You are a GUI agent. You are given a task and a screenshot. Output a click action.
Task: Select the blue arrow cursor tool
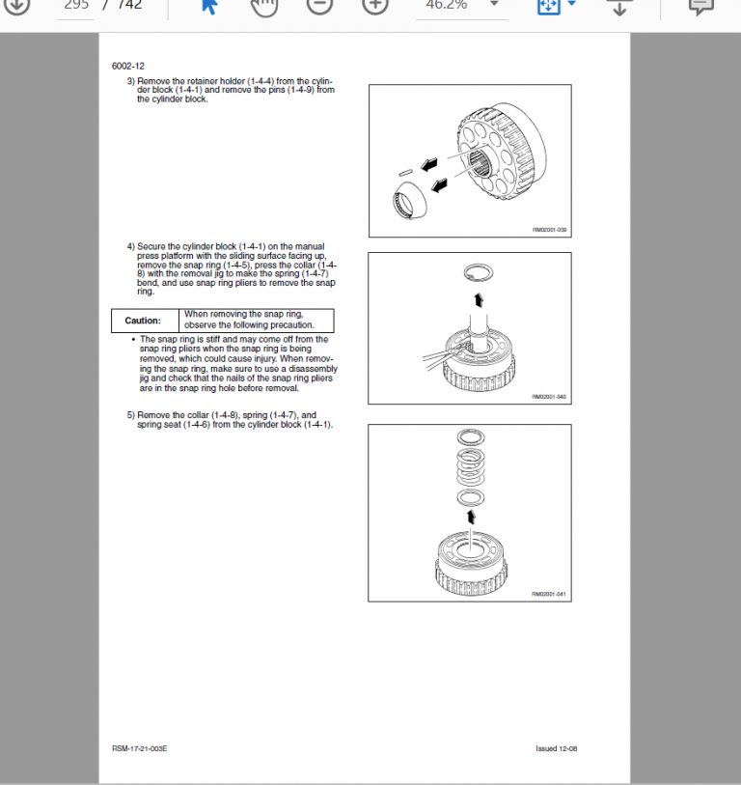pos(207,6)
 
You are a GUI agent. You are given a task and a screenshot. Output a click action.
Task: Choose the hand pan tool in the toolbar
pos(262,6)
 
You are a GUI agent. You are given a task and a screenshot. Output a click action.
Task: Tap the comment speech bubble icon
pos(700,6)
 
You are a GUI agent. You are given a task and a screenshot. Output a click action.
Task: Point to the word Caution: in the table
pos(143,321)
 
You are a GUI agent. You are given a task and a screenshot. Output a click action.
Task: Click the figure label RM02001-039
pos(549,230)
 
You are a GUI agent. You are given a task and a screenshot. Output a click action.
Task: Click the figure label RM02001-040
pos(549,397)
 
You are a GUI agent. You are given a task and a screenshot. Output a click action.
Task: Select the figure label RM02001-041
pos(549,595)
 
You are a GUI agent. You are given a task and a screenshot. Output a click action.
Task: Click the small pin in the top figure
pos(405,173)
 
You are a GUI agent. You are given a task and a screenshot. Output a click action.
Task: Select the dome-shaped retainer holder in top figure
pos(412,199)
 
